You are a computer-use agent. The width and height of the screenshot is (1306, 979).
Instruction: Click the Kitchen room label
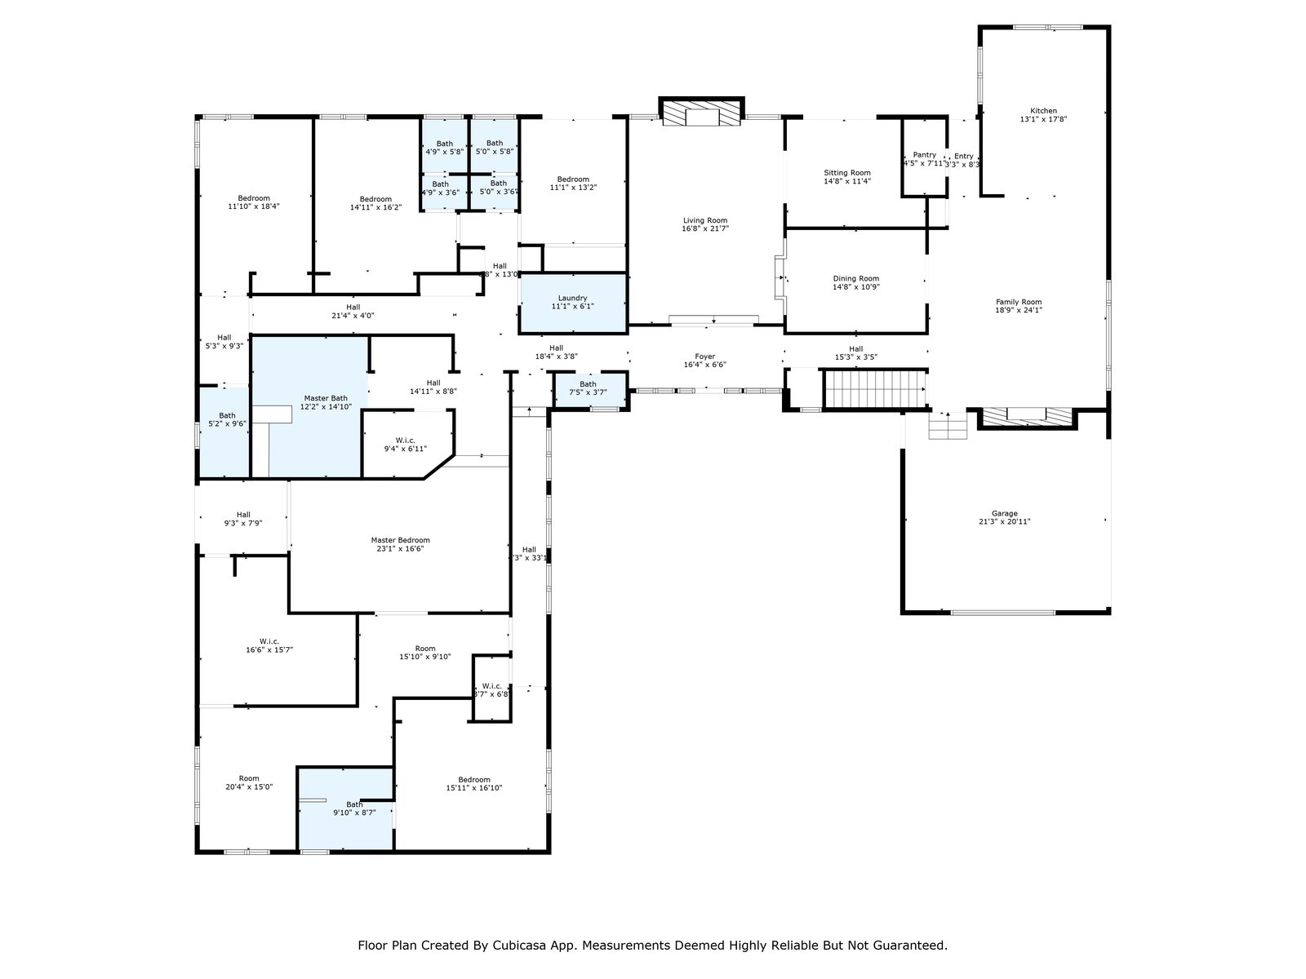click(x=1043, y=111)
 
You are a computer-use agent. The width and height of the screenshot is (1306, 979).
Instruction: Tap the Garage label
click(x=1005, y=513)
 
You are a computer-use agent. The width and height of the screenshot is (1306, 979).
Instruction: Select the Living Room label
click(x=704, y=220)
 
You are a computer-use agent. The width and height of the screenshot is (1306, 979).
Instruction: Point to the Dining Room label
click(x=855, y=278)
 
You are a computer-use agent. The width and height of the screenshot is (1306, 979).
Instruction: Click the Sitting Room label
click(x=847, y=173)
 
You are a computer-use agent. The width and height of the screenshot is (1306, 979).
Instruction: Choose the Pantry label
click(x=924, y=155)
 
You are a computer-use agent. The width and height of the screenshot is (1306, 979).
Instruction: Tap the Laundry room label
click(x=572, y=298)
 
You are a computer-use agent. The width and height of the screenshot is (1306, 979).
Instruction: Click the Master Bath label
click(x=326, y=397)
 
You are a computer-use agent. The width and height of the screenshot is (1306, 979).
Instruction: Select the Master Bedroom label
click(x=400, y=540)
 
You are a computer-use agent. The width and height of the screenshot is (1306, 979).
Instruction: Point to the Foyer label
click(x=704, y=357)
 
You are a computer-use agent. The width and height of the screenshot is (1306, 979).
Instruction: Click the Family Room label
click(x=1019, y=302)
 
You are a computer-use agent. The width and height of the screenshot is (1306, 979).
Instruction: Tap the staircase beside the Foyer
click(x=874, y=388)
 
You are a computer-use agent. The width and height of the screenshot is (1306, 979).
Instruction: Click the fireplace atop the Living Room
click(x=701, y=114)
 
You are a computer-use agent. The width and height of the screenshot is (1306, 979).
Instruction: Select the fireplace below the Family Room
click(x=1026, y=416)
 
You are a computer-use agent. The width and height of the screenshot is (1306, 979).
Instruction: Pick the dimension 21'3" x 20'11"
click(x=1005, y=522)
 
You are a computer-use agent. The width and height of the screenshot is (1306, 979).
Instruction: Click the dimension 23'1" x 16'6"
click(x=400, y=549)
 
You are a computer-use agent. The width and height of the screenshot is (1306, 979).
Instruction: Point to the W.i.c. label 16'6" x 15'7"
click(x=269, y=641)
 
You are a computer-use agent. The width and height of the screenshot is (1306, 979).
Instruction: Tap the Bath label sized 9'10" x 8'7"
click(x=354, y=804)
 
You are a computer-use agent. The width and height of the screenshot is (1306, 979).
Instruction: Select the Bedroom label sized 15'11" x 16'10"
click(x=474, y=779)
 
